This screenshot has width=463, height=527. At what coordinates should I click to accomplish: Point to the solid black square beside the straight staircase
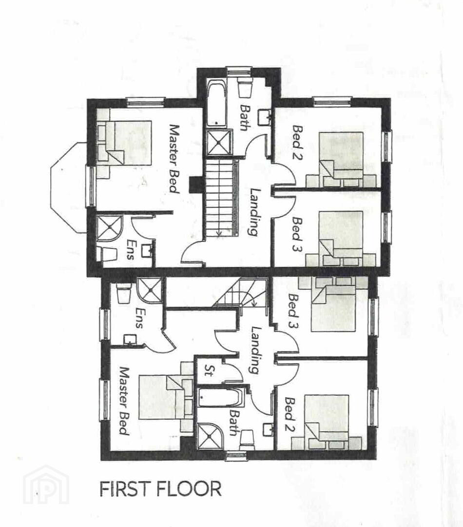(x=195, y=185)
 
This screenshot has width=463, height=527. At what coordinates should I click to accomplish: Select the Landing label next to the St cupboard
(x=256, y=350)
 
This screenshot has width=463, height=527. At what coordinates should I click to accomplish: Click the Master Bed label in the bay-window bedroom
(x=174, y=159)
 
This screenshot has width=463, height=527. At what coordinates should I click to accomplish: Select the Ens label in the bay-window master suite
(x=129, y=249)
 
